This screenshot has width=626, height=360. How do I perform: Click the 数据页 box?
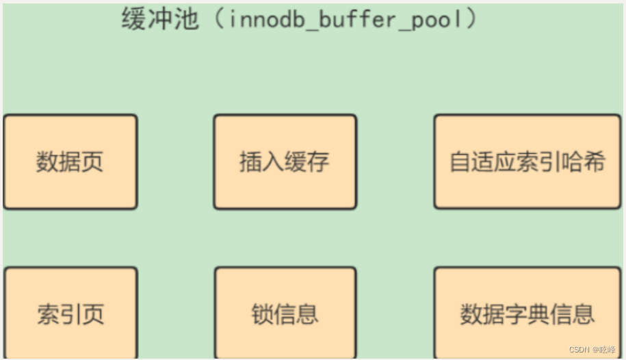point(70,162)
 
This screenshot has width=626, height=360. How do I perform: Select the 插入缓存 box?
point(285,162)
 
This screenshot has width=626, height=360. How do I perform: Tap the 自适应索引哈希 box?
point(527,162)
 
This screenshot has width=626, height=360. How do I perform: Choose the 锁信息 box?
point(285,314)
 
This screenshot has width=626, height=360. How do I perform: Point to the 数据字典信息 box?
point(527,314)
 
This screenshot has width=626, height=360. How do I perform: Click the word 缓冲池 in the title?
point(160,19)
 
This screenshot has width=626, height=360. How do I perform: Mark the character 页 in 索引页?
point(92,314)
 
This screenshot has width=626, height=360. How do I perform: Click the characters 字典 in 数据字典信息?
point(527,314)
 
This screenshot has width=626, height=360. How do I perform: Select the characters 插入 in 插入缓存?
point(262,162)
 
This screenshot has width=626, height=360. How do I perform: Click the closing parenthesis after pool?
point(470,19)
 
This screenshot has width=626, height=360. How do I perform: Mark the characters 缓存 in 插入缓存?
point(307,162)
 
